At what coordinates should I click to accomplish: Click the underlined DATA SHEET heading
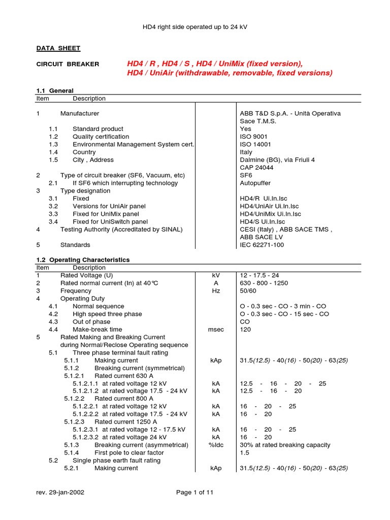pyautogui.click(x=58, y=48)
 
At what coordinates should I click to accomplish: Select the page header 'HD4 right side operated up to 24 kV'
pyautogui.click(x=194, y=26)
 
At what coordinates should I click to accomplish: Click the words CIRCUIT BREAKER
pyautogui.click(x=68, y=64)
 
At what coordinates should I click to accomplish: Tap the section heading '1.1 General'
pyautogui.click(x=55, y=90)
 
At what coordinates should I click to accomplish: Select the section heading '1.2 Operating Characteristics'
pyautogui.click(x=83, y=259)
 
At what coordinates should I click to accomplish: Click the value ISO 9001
pyautogui.click(x=253, y=137)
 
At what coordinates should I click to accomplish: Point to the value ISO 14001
pyautogui.click(x=255, y=144)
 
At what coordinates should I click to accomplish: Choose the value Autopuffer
pyautogui.click(x=255, y=183)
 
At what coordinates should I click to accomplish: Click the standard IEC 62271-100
pyautogui.click(x=263, y=245)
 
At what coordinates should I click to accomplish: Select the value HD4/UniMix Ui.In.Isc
pyautogui.click(x=270, y=214)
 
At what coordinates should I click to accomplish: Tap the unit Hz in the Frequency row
pyautogui.click(x=216, y=291)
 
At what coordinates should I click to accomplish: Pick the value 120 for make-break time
pyautogui.click(x=245, y=330)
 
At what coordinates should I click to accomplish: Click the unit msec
pyautogui.click(x=216, y=330)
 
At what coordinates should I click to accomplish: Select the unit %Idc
pyautogui.click(x=216, y=445)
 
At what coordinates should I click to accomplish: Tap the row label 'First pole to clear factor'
pyautogui.click(x=129, y=452)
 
